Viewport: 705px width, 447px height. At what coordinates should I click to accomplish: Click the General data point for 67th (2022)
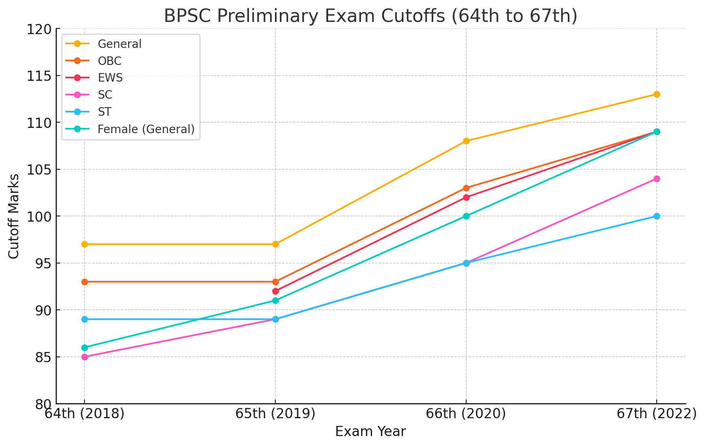pos(657,94)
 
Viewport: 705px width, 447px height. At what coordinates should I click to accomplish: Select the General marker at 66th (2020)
pos(466,141)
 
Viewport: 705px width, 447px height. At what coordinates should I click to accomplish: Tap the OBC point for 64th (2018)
pos(84,282)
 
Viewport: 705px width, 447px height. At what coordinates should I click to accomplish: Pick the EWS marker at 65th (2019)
pos(275,291)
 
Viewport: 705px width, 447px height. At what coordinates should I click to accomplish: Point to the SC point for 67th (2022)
pos(657,179)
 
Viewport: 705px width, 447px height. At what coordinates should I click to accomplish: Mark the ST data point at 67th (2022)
pos(657,216)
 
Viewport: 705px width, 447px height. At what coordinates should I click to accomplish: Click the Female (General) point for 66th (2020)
pos(466,216)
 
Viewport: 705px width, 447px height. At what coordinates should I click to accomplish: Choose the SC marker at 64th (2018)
pos(84,357)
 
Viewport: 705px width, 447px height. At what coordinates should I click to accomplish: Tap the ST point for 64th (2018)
pos(84,319)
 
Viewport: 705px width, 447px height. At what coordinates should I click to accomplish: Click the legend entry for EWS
pos(110,78)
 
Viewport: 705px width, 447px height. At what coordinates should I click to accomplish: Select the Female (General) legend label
pos(146,129)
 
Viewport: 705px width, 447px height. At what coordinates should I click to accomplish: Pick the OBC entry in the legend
pos(110,61)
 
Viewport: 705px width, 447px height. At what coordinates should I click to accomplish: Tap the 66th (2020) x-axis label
pos(466,414)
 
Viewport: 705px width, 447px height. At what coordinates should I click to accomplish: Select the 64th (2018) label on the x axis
pos(84,414)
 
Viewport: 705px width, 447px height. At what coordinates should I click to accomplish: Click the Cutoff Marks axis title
pos(14,216)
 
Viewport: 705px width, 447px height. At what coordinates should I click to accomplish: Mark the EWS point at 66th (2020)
pos(466,197)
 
